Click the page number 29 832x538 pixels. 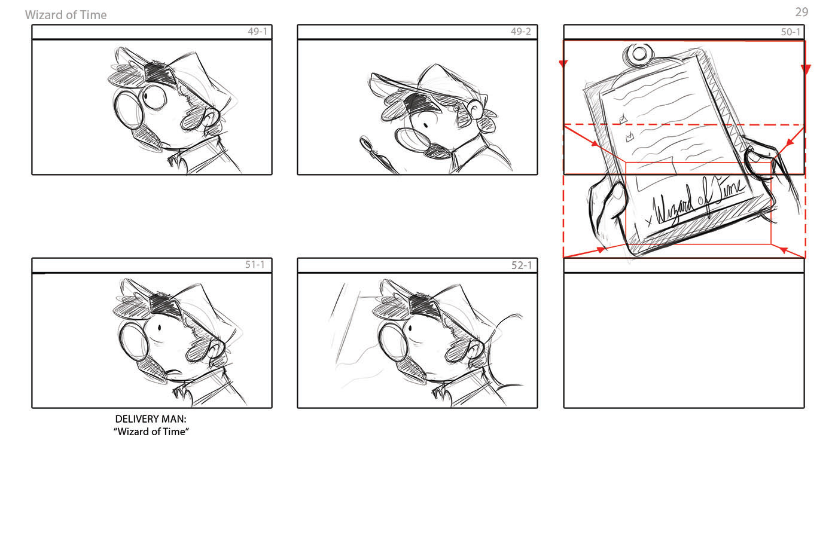pos(801,12)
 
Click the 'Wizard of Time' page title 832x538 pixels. pos(66,15)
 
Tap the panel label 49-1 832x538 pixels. pos(257,32)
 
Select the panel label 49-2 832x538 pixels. pos(521,32)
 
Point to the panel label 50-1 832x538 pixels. pos(790,32)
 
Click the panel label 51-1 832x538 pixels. pos(255,265)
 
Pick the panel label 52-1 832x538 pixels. pos(522,265)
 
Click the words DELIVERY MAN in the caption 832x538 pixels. pos(151,419)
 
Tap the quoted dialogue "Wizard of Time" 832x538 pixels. pos(151,432)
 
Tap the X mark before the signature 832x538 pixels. pos(648,222)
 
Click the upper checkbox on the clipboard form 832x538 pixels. pos(623,119)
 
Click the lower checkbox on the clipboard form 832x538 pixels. pos(630,137)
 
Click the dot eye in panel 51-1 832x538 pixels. pos(160,328)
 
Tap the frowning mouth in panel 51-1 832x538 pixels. pos(173,372)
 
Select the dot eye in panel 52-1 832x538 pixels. pos(410,328)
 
